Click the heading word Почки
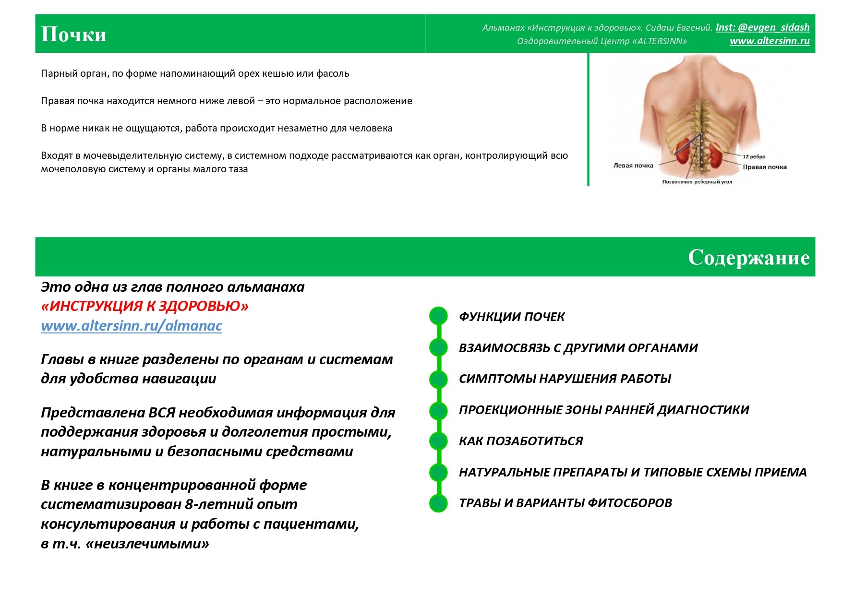pyautogui.click(x=73, y=35)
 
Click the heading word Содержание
pyautogui.click(x=748, y=258)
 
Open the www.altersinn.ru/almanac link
pyautogui.click(x=132, y=326)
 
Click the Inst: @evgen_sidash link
pyautogui.click(x=762, y=27)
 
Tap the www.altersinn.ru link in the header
pyautogui.click(x=770, y=41)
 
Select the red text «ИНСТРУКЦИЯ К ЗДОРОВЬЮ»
pyautogui.click(x=144, y=306)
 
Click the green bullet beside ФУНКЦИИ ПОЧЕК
pyautogui.click(x=438, y=316)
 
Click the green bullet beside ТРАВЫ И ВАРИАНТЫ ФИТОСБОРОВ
pyautogui.click(x=438, y=503)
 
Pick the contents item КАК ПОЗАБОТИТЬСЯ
pyautogui.click(x=520, y=441)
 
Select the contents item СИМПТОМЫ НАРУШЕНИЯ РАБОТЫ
pyautogui.click(x=565, y=379)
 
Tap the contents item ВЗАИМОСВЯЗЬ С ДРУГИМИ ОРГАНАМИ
pyautogui.click(x=578, y=348)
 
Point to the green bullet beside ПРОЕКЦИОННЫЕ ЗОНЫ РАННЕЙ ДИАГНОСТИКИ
pyautogui.click(x=438, y=410)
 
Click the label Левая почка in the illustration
pyautogui.click(x=633, y=166)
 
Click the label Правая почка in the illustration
pyautogui.click(x=764, y=167)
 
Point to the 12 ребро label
pyautogui.click(x=754, y=156)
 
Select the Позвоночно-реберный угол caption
pyautogui.click(x=697, y=182)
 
